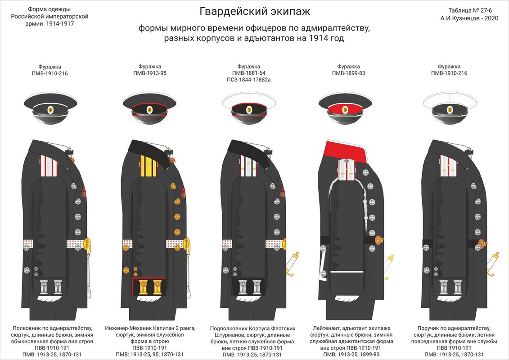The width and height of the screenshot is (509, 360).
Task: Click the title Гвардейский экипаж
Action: [x=254, y=11]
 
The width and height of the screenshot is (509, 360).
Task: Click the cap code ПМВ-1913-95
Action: [x=150, y=73]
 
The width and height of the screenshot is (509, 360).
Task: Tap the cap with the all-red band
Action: [x=345, y=108]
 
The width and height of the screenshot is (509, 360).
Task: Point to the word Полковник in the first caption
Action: [x=29, y=328]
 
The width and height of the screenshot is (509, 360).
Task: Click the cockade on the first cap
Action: [x=49, y=108]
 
